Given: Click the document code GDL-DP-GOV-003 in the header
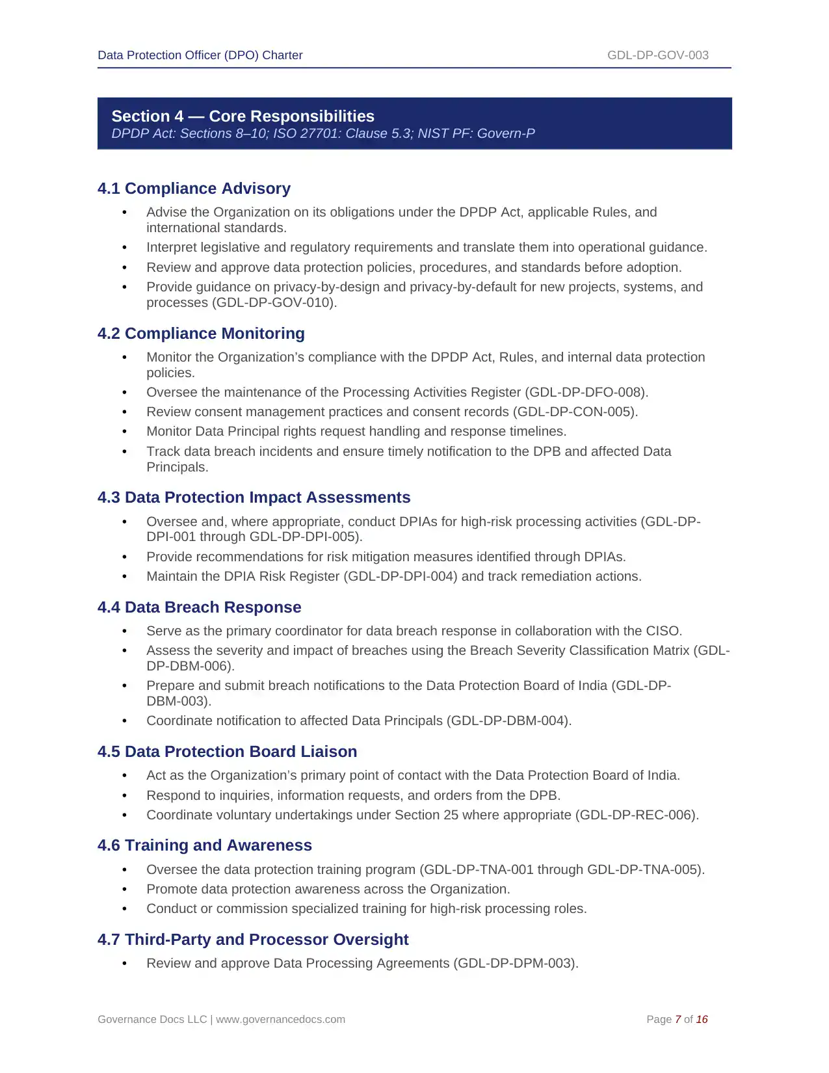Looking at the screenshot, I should pos(657,55).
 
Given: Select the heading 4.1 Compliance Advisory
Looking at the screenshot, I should pos(194,189).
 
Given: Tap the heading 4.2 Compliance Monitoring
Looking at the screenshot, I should pos(201,334).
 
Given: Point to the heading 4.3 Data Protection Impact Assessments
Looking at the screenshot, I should pos(254,497).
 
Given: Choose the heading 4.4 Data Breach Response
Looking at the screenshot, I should pos(199,607).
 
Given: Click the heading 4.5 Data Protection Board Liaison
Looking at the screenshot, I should pos(227,752).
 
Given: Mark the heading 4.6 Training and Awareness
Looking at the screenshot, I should pos(204,845).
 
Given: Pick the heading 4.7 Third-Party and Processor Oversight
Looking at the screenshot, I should pos(253,940).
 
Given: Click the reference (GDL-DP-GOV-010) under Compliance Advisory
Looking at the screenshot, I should pos(274,303).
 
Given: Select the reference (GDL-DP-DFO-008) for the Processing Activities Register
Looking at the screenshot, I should pos(586,393).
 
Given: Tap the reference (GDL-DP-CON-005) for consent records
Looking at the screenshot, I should pos(575,412).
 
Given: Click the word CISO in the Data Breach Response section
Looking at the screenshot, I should pos(662,631).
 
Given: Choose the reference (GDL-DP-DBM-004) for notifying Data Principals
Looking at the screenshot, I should pos(509,721).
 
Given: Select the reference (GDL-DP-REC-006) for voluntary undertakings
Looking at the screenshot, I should pos(637,815).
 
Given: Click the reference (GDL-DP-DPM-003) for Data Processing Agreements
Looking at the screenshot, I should pos(516,964).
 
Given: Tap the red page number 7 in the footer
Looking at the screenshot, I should pos(678,1020).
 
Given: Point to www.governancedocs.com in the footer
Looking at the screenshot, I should pos(280,1020).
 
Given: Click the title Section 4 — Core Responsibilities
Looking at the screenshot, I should pos(243,116).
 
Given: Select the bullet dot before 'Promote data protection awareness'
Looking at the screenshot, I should pos(124,890).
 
